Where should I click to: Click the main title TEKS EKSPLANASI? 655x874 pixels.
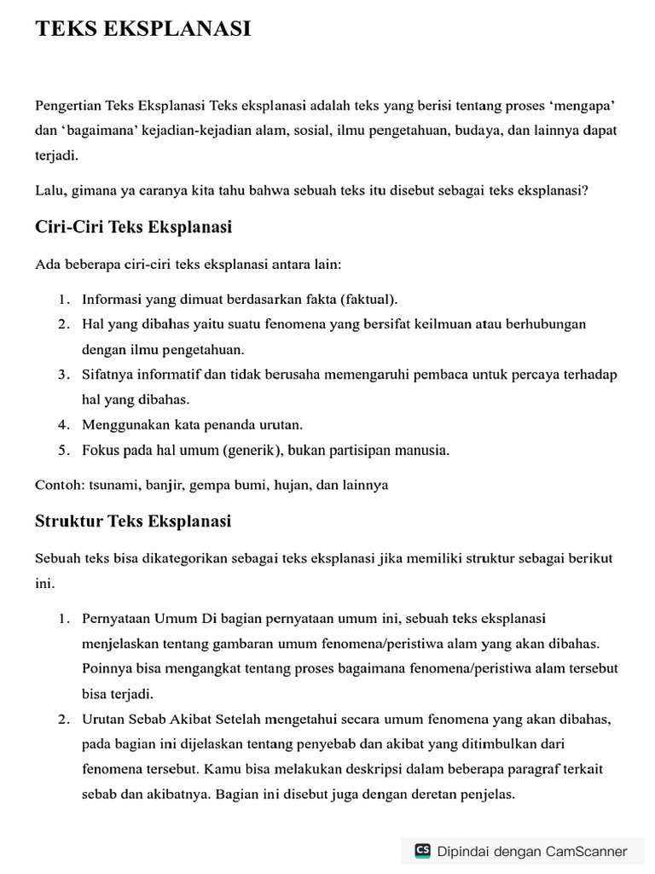[x=143, y=29]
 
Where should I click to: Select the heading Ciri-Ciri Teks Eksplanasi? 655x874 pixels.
[x=134, y=227]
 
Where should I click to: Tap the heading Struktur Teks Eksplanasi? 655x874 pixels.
[x=133, y=521]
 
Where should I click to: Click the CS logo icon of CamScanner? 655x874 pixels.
[x=423, y=850]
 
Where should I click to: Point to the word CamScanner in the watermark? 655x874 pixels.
[x=586, y=851]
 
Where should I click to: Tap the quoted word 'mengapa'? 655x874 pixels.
[x=583, y=106]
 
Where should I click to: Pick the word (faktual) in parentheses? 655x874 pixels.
[x=369, y=300]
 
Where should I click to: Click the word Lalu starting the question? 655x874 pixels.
[x=49, y=190]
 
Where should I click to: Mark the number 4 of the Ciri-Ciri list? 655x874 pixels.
[x=63, y=424]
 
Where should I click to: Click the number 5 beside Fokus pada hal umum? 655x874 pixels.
[x=63, y=450]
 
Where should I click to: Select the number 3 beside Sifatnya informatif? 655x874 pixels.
[x=63, y=375]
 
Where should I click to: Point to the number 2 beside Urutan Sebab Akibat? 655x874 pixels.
[x=63, y=720]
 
